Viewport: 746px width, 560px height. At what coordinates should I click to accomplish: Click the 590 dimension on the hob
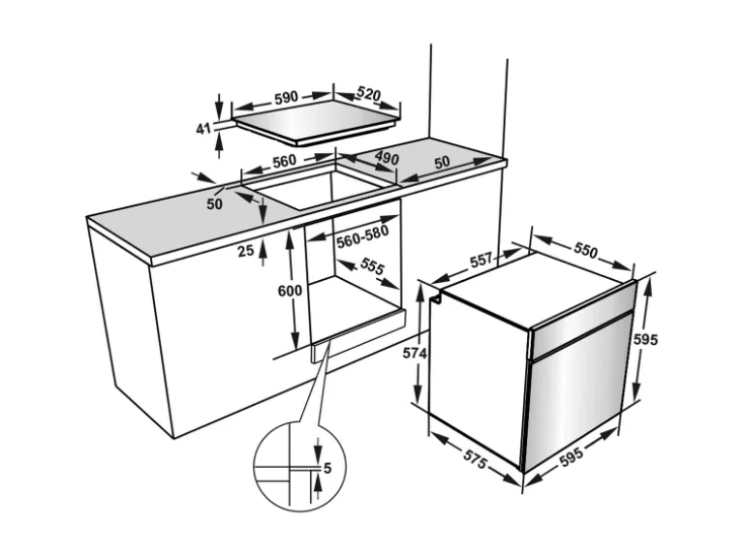click(x=285, y=98)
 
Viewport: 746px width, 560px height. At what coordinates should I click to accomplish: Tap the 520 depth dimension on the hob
click(x=368, y=95)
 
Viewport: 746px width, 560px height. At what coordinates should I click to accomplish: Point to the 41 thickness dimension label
click(x=203, y=128)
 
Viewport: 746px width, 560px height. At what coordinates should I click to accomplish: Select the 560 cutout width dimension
click(x=283, y=161)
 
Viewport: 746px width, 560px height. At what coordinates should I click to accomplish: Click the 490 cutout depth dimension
click(x=387, y=159)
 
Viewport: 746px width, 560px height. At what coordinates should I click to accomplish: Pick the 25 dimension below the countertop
click(x=246, y=251)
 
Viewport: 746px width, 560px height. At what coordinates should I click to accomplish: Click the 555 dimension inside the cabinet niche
click(x=372, y=267)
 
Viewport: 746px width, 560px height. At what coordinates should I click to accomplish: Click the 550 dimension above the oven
click(x=584, y=250)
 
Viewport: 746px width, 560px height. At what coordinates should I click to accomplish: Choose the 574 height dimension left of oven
click(x=415, y=354)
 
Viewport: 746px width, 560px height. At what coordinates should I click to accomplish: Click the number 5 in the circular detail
click(x=327, y=469)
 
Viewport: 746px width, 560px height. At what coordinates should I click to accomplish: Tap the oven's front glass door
click(x=576, y=397)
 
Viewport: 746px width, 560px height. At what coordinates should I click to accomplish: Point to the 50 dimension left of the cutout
click(x=215, y=202)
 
